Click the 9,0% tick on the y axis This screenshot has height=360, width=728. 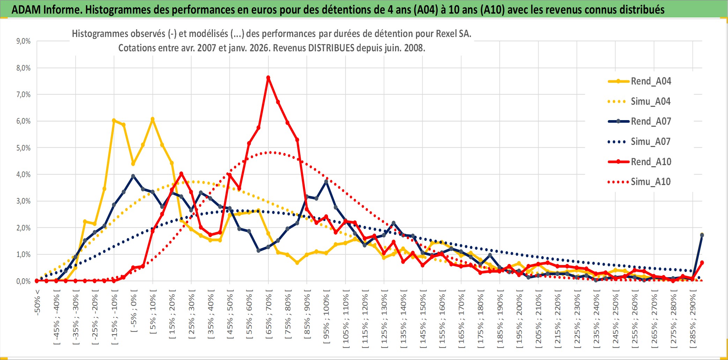(23, 41)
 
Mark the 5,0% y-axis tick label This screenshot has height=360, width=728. (23, 148)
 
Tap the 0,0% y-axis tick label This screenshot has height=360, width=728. (23, 281)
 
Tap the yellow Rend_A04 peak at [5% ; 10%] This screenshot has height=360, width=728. (153, 119)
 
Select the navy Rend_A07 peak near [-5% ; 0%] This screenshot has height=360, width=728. (133, 176)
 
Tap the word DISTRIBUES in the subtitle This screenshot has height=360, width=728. (331, 48)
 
